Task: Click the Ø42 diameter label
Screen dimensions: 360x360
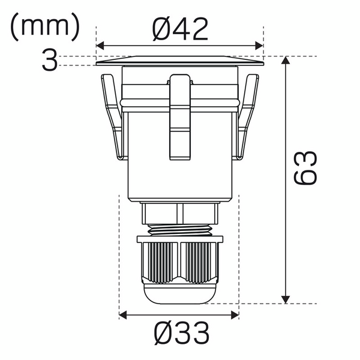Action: (x=180, y=29)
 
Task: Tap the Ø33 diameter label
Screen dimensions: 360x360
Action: (x=181, y=333)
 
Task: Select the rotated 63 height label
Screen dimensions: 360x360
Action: (x=305, y=167)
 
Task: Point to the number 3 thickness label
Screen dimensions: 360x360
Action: (x=49, y=61)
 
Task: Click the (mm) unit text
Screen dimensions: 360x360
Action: (x=45, y=27)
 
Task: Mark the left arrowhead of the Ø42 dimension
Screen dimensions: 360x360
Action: (x=100, y=46)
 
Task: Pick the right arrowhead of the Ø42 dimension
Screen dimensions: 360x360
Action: (x=259, y=46)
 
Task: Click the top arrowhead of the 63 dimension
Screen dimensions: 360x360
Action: (x=286, y=60)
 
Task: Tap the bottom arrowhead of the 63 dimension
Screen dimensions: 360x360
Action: (x=286, y=299)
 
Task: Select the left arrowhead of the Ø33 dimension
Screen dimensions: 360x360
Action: (x=123, y=315)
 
